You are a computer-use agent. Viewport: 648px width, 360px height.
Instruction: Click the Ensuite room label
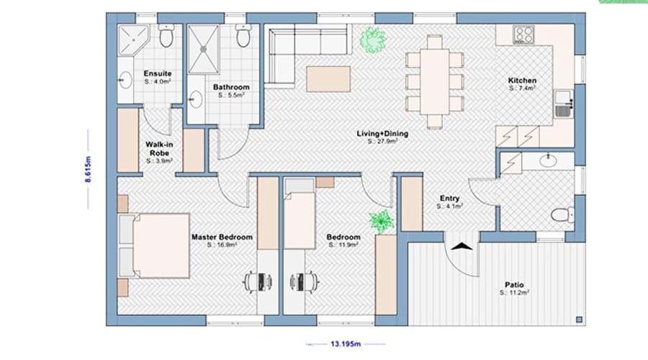[x=157, y=73]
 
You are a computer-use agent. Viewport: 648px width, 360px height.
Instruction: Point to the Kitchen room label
[x=522, y=81]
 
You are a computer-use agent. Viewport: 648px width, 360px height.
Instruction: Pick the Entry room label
[x=450, y=199]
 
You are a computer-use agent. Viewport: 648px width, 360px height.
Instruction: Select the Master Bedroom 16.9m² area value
[x=222, y=245]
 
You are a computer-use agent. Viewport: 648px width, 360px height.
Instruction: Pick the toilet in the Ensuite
[x=166, y=37]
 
